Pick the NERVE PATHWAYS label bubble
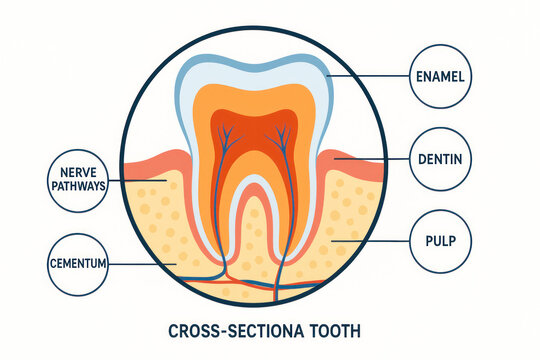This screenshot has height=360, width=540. tap(77, 183)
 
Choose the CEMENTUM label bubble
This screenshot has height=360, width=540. tap(77, 264)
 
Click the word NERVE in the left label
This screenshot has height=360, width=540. tap(77, 175)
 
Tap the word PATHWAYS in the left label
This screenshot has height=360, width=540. tap(77, 191)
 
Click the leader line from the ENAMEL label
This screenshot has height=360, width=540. tap(370, 75)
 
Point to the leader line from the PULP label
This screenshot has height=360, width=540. tap(370, 241)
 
